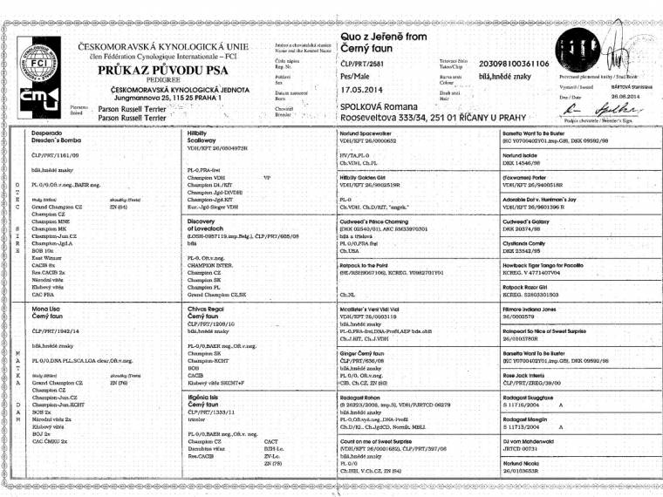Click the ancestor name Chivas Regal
(x=206, y=309)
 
